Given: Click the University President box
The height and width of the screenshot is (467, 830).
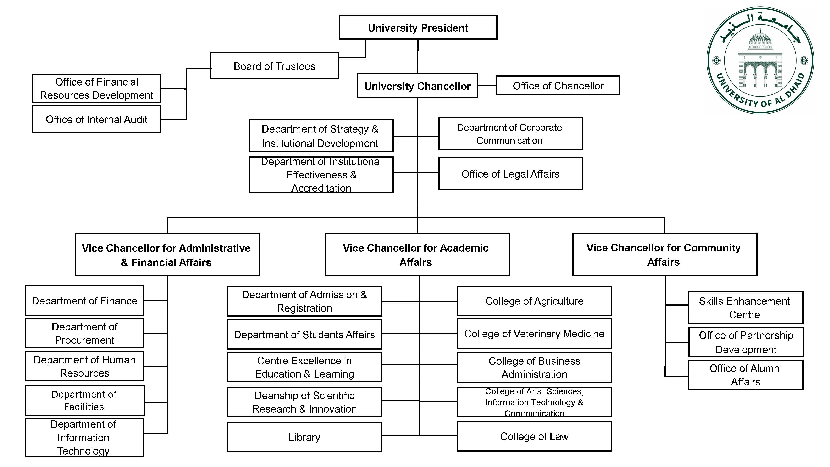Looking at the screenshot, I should click(418, 28).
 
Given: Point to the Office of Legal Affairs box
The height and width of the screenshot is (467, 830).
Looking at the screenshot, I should click(510, 174).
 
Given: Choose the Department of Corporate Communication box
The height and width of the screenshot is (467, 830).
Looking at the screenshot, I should click(510, 134).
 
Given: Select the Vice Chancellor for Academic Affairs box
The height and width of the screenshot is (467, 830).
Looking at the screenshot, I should click(417, 255).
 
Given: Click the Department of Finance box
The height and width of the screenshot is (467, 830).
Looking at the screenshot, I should click(84, 301).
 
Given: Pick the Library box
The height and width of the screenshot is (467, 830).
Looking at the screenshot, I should click(304, 437).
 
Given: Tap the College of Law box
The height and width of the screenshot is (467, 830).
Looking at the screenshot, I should click(534, 436).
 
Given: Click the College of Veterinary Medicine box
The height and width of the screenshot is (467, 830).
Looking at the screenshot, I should click(534, 334).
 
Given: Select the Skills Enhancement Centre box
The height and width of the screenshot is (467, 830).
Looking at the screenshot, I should click(745, 308).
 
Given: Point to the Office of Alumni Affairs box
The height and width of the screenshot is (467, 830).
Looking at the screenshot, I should click(745, 375).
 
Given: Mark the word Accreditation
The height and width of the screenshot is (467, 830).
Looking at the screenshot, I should click(321, 188).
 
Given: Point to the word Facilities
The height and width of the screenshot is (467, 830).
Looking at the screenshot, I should click(84, 407).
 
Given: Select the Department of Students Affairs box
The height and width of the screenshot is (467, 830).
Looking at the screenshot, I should click(304, 335).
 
